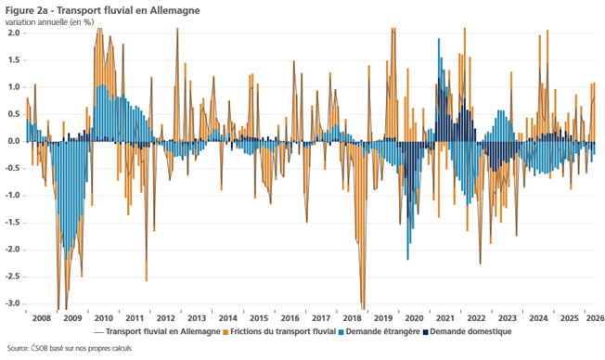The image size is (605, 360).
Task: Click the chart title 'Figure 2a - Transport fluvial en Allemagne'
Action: tap(103, 10)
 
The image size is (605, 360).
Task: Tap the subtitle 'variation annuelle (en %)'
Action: tap(49, 22)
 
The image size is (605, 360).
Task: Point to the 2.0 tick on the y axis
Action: tap(13, 33)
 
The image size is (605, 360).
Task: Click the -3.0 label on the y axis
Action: tap(12, 303)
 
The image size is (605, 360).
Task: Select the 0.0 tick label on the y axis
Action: tap(13, 142)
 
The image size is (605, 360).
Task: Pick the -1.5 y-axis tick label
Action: tap(12, 223)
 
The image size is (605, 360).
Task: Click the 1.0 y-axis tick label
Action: tap(13, 87)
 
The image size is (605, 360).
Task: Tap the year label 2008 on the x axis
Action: tap(42, 318)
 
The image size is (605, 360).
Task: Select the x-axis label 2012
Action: tap(166, 318)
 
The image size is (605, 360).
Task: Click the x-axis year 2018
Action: tap(353, 318)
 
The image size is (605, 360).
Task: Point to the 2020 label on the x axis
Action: tap(414, 318)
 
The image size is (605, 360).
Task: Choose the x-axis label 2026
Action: tap(596, 318)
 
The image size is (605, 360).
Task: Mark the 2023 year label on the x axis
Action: tap(508, 318)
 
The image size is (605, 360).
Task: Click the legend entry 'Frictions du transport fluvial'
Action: tap(283, 331)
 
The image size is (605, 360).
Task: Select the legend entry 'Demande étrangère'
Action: tap(382, 331)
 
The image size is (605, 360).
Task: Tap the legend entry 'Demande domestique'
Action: tap(470, 331)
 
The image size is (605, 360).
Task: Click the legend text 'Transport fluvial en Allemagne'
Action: tap(162, 331)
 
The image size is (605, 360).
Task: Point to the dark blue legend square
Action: tap(426, 332)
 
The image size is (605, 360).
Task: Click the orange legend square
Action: tap(225, 332)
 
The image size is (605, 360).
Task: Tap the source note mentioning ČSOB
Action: tap(69, 349)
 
